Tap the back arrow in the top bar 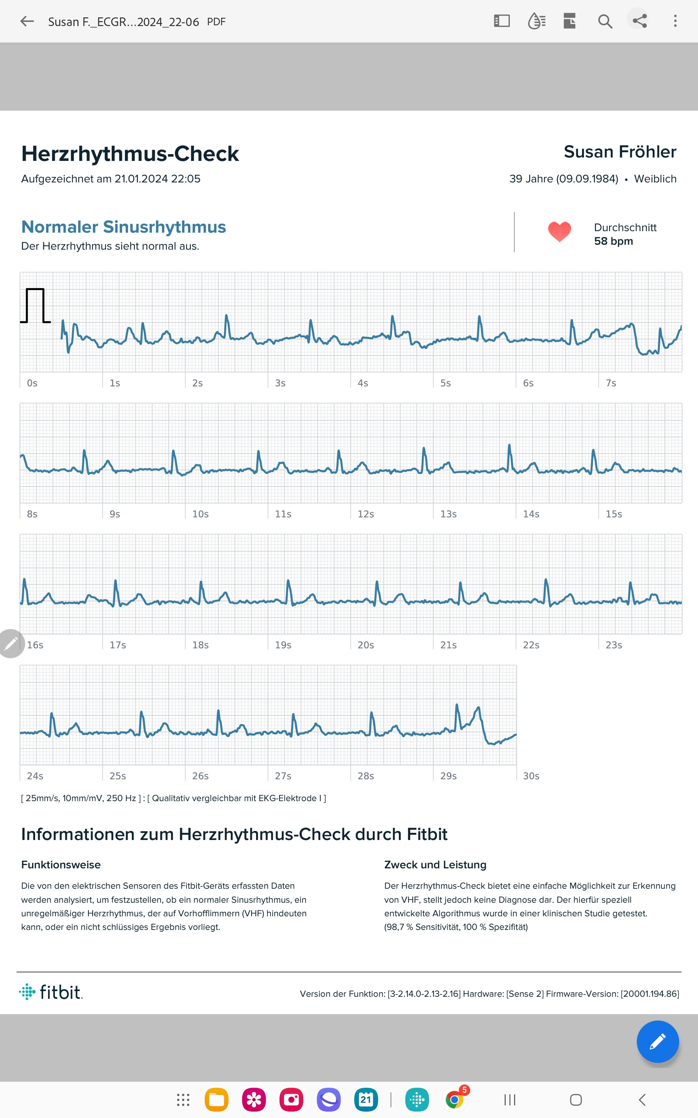pyautogui.click(x=27, y=21)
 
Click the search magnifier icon pyautogui.click(x=605, y=21)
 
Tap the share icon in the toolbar pyautogui.click(x=639, y=21)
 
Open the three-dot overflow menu pyautogui.click(x=675, y=21)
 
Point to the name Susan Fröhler pyautogui.click(x=619, y=152)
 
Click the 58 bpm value pyautogui.click(x=613, y=241)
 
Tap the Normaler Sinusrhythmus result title pyautogui.click(x=124, y=227)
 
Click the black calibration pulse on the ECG pyautogui.click(x=35, y=306)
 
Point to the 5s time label pyautogui.click(x=445, y=383)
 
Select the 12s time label pyautogui.click(x=366, y=514)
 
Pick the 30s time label pyautogui.click(x=531, y=776)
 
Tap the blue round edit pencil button pyautogui.click(x=657, y=1041)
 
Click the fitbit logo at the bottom pyautogui.click(x=51, y=992)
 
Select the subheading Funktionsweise pyautogui.click(x=61, y=865)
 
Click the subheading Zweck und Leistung pyautogui.click(x=435, y=865)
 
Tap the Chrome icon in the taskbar pyautogui.click(x=455, y=1100)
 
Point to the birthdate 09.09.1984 pyautogui.click(x=587, y=179)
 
